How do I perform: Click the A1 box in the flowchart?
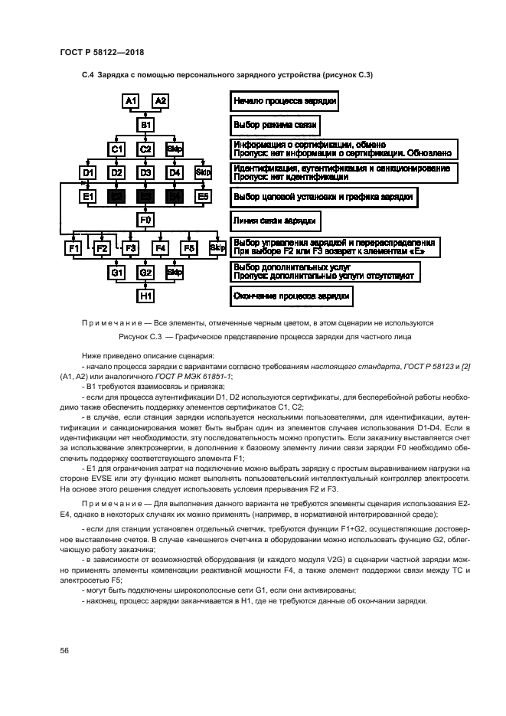point(131,101)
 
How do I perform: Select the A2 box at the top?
point(161,101)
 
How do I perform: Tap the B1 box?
point(145,124)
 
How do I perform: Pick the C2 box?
point(145,149)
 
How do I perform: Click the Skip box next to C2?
point(175,149)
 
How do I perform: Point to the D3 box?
point(145,173)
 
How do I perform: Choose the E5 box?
point(203,198)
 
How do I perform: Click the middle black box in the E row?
point(145,198)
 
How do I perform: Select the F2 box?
point(103,248)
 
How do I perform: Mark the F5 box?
point(189,248)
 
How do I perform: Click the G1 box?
point(117,272)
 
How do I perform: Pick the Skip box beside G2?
point(175,272)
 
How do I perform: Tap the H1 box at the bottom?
point(145,296)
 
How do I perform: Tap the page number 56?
point(65,650)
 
